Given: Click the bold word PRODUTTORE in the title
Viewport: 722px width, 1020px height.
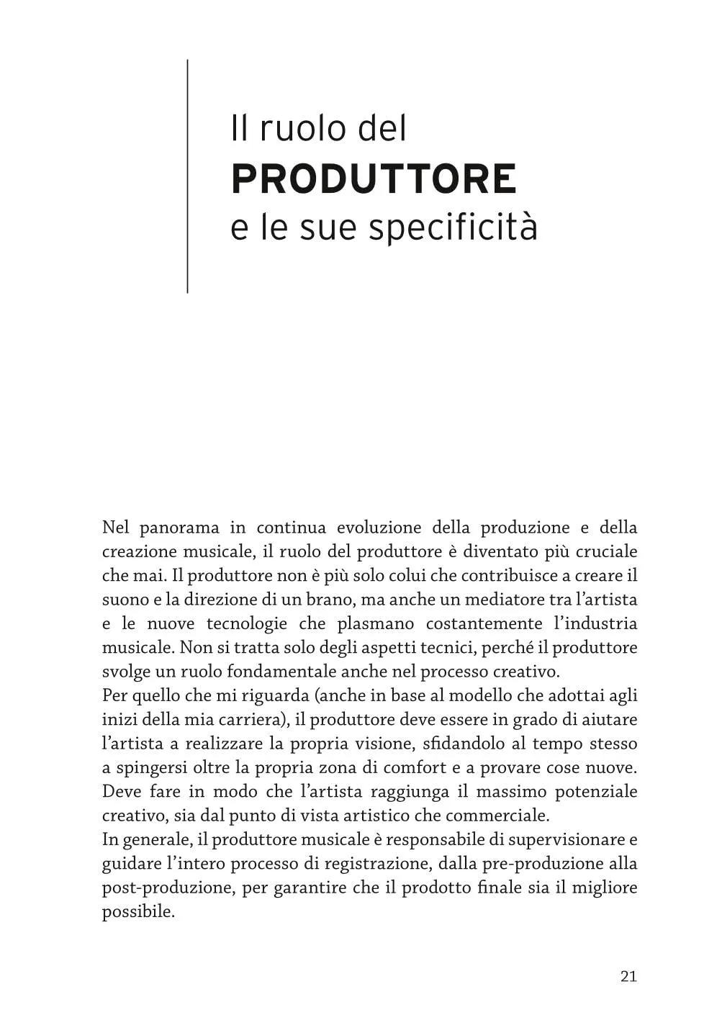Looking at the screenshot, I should coord(374,179).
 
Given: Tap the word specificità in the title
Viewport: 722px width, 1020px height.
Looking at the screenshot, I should coord(453,229).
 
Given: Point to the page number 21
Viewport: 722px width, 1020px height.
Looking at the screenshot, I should coord(628,976).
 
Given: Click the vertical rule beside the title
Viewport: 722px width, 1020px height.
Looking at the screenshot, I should coord(187,176).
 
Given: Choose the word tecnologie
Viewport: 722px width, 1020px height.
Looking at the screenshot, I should coord(249,623).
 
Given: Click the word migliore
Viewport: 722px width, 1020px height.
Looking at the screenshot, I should coord(605,887).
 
